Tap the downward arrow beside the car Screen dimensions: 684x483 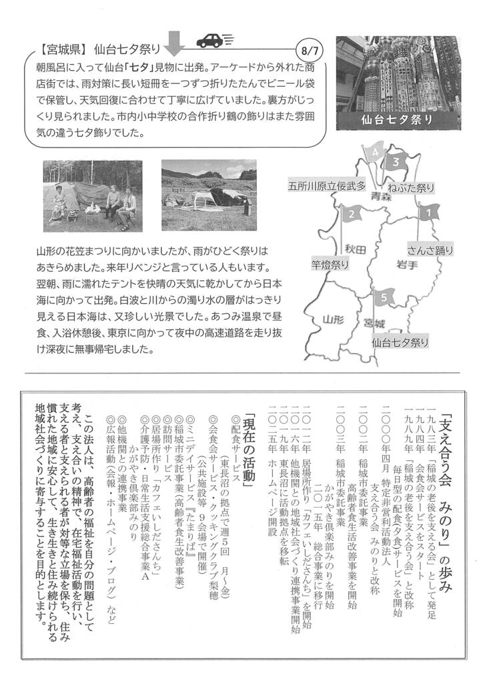pyautogui.click(x=174, y=43)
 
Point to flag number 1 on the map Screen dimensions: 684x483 pyautogui.click(x=427, y=212)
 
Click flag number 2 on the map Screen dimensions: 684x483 pyautogui.click(x=350, y=214)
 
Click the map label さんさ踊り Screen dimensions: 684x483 pyautogui.click(x=431, y=250)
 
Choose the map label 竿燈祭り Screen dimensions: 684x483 pyautogui.click(x=330, y=265)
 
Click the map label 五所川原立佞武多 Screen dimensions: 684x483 pyautogui.click(x=327, y=186)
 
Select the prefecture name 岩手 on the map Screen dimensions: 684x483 pyautogui.click(x=406, y=264)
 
